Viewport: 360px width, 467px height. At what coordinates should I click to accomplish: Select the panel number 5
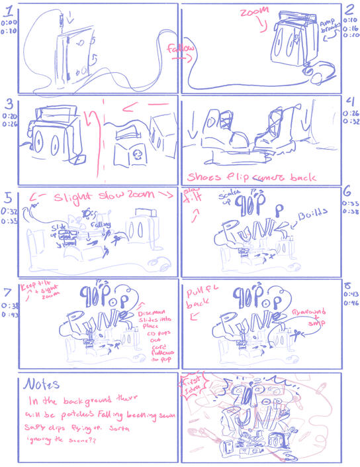coord(8,197)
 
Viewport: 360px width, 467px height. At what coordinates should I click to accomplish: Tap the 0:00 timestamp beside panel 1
coord(9,22)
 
